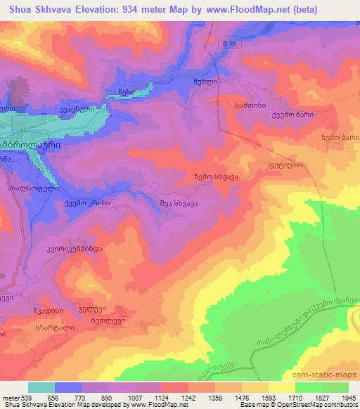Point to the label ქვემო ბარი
(293, 114)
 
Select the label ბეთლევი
(88, 320)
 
